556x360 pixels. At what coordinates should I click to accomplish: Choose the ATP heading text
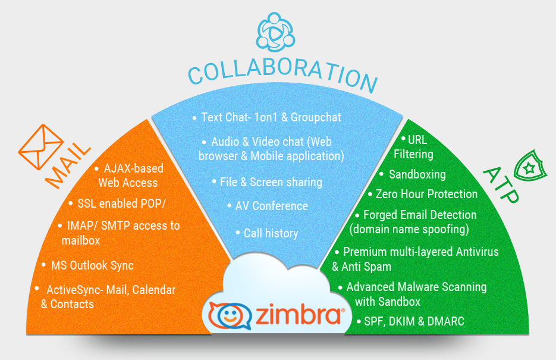[498, 185]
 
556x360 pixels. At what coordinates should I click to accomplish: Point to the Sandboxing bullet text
[417, 174]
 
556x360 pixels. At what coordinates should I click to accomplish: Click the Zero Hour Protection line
[426, 194]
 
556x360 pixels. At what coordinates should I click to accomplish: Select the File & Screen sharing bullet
[271, 182]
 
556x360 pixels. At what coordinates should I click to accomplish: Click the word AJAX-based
[133, 169]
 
